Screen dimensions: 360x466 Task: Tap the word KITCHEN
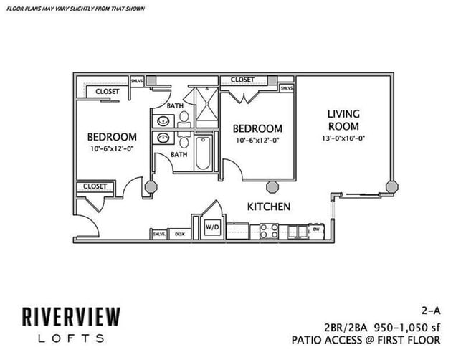point(268,207)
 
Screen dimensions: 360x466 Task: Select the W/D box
point(213,227)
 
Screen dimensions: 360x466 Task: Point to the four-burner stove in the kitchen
point(269,231)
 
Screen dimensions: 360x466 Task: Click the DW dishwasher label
point(317,230)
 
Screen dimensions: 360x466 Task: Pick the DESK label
point(179,233)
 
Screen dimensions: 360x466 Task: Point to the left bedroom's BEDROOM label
point(112,137)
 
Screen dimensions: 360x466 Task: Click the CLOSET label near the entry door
point(95,186)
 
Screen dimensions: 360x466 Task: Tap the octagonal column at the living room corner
point(392,186)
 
